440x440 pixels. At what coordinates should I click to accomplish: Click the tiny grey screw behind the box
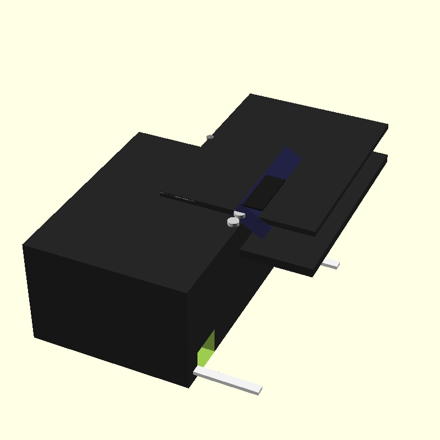209,136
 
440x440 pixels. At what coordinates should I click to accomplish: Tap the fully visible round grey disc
233,222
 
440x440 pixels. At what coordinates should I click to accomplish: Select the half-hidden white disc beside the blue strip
240,214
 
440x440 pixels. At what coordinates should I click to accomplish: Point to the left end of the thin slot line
162,193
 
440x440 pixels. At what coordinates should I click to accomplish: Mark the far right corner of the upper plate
388,125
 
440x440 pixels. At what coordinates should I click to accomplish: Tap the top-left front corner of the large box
23,245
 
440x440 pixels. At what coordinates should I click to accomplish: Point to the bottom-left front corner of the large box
34,337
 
